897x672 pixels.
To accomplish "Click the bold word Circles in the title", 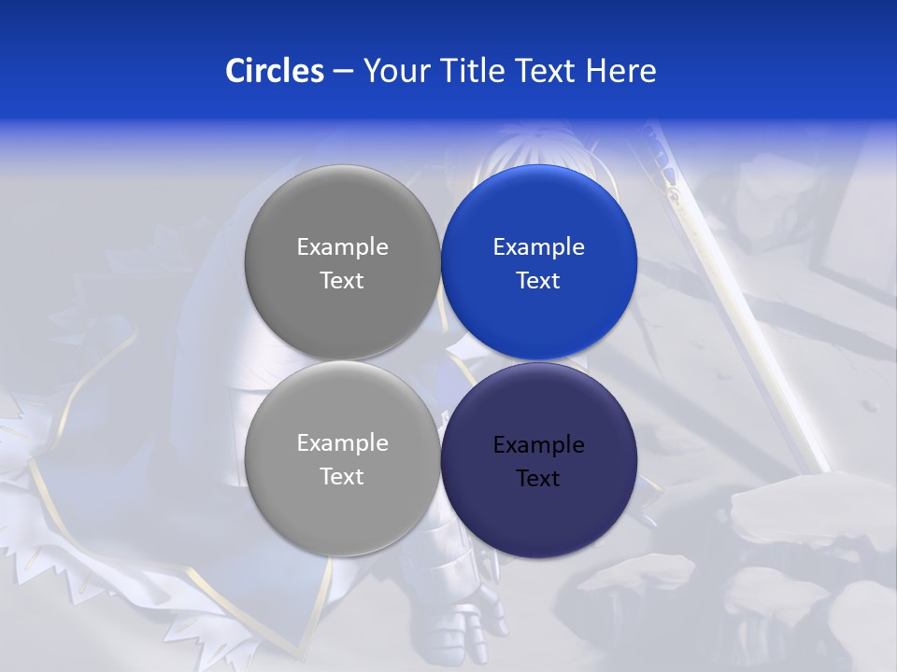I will coord(274,71).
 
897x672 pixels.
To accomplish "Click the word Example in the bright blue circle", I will coord(538,247).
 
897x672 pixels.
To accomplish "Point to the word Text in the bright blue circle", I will coord(538,281).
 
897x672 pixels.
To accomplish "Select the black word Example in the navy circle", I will coord(538,445).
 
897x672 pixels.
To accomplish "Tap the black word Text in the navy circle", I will coord(538,479).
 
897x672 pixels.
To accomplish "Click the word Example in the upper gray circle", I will coord(342,247).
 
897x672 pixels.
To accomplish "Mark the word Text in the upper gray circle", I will coord(342,281).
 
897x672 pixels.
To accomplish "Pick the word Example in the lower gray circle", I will coord(342,443).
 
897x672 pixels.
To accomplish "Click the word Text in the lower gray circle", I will coord(342,477).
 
